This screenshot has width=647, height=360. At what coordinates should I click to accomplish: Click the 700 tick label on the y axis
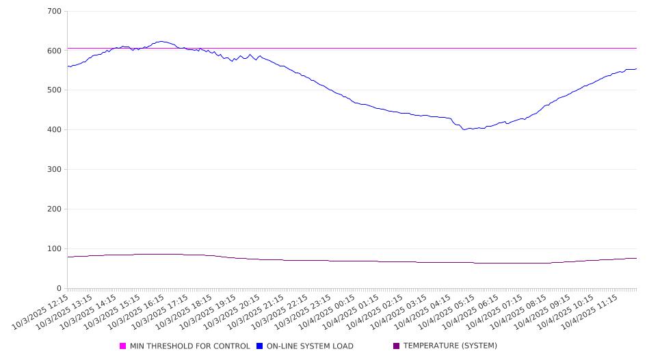click(x=54, y=12)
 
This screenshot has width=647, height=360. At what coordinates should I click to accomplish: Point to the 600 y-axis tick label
click(x=54, y=51)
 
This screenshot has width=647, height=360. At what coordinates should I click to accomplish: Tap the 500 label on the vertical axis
click(x=54, y=90)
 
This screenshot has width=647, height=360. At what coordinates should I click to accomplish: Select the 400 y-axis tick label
click(x=54, y=130)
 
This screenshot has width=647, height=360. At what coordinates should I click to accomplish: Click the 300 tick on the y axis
click(x=54, y=170)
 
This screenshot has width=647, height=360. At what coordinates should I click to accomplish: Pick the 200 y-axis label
click(x=54, y=209)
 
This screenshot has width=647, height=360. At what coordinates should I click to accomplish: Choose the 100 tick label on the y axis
click(x=54, y=249)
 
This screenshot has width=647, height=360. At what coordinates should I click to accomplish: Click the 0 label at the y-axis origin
click(x=59, y=289)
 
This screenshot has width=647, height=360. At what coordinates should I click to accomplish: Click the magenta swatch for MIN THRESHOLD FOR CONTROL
click(x=123, y=346)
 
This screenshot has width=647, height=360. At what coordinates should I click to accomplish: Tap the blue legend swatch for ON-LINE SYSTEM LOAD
click(x=260, y=346)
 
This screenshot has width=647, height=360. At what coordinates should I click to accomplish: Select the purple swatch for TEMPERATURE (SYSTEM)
click(x=397, y=346)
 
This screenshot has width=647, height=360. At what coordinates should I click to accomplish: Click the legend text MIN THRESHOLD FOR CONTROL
click(x=190, y=346)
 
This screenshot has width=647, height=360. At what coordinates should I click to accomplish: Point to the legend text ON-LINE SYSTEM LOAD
click(x=310, y=346)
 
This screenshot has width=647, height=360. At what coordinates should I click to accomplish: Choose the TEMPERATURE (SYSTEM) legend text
click(x=450, y=346)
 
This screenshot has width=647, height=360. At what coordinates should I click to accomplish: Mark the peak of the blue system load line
click(x=161, y=41)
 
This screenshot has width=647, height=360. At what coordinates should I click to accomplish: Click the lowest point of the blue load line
click(x=464, y=129)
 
